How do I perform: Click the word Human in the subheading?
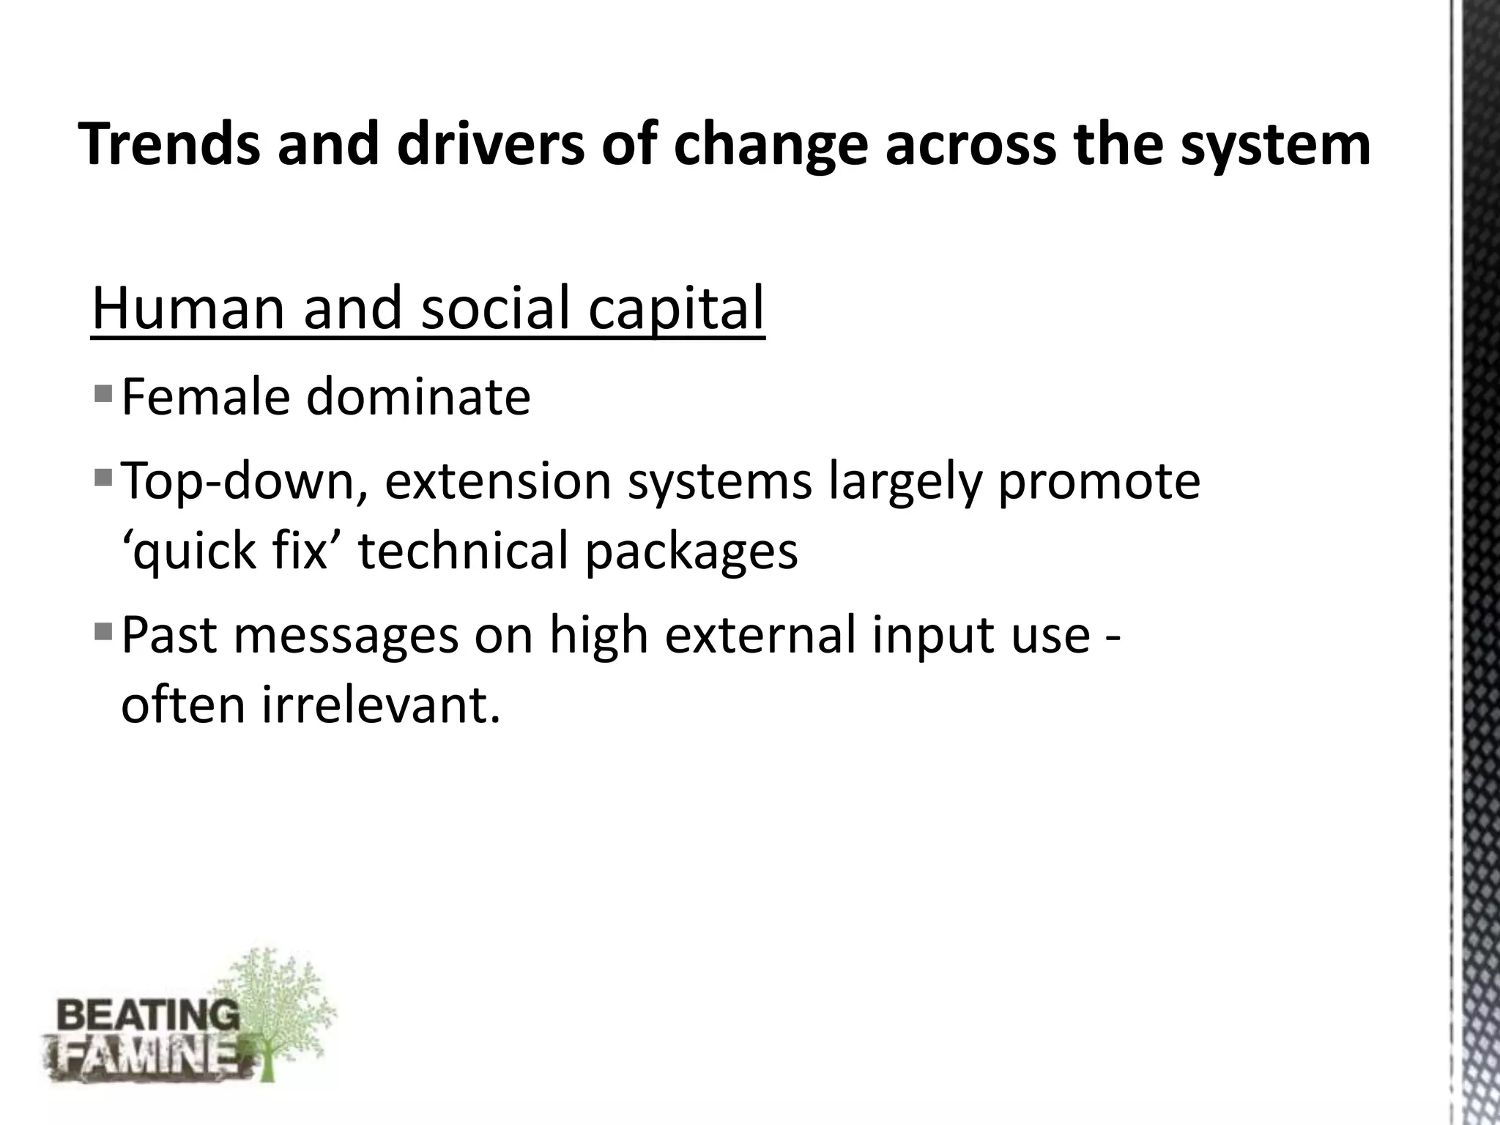tap(187, 308)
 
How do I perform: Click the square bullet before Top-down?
tap(103, 478)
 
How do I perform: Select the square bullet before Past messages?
tap(103, 629)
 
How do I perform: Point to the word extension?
tap(497, 482)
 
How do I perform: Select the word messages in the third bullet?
tap(346, 634)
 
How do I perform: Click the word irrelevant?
tap(380, 705)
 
